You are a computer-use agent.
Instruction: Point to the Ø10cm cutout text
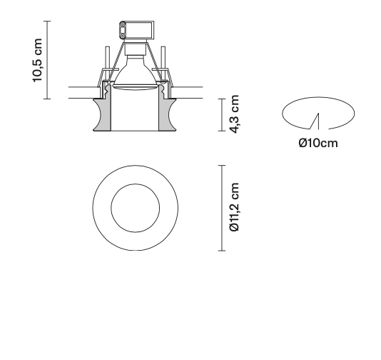318,143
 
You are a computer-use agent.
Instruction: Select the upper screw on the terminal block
123,26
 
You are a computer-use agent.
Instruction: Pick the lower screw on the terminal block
123,35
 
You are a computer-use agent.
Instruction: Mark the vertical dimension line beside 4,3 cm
222,114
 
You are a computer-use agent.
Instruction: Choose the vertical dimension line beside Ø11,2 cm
222,208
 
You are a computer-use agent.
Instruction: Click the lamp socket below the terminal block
135,51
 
